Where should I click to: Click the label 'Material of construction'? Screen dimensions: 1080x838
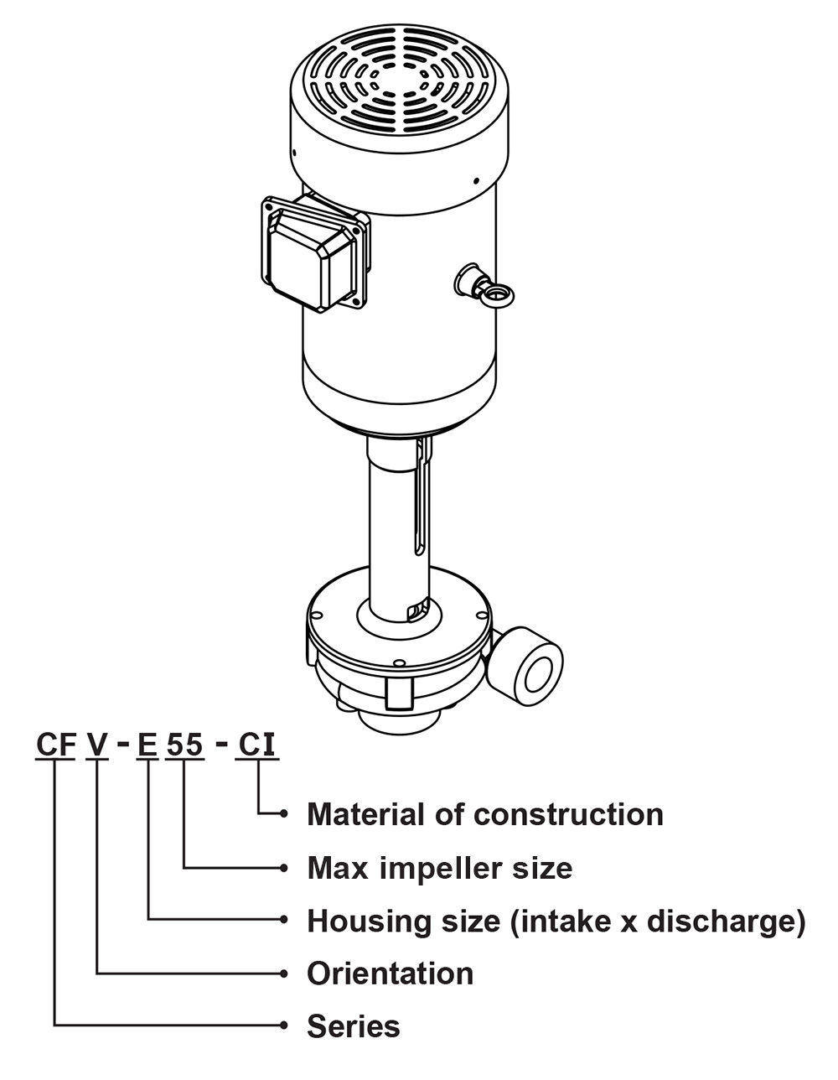pos(484,814)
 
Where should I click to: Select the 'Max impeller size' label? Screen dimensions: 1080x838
pos(440,867)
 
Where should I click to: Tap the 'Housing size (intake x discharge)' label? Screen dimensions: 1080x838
pos(556,921)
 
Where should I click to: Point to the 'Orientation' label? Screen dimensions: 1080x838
pos(390,974)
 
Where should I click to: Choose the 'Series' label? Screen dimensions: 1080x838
pos(353,1026)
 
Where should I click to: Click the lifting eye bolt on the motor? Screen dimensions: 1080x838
pos(496,293)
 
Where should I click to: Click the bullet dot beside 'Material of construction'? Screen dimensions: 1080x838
pos(285,813)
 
